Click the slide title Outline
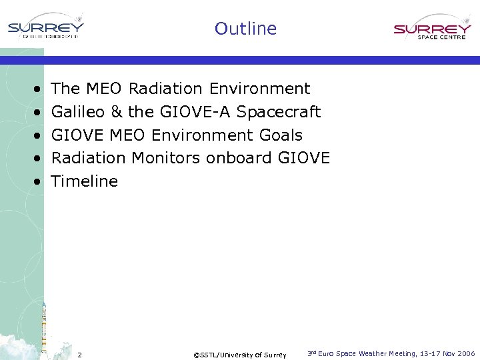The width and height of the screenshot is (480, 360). pos(245,29)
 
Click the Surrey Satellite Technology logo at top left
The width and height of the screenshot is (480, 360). pos(45,29)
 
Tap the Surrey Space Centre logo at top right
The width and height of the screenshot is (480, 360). pos(432,31)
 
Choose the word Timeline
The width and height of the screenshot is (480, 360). pos(85,181)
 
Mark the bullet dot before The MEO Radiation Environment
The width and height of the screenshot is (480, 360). pos(35,89)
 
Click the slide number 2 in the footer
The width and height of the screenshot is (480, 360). pos(79,355)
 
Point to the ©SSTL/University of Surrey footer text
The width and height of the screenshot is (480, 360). pos(239,355)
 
